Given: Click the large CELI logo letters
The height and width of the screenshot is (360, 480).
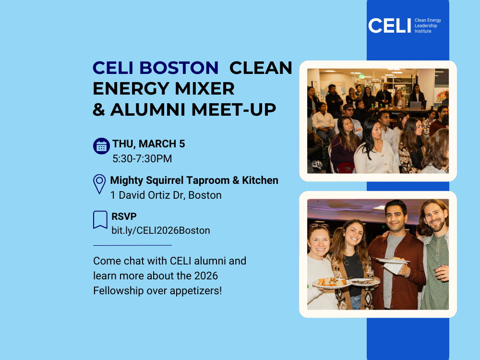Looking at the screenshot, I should click(x=389, y=25).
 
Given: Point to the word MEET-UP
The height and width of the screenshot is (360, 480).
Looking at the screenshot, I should click(x=234, y=110).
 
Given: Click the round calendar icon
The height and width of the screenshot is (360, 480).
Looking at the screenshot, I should click(x=101, y=146).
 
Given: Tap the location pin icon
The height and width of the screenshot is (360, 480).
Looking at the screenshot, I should click(x=99, y=184).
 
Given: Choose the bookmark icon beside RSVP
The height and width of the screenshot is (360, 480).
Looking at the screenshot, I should click(x=100, y=220).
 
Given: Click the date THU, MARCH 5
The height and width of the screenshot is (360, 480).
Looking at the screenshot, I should click(x=149, y=144).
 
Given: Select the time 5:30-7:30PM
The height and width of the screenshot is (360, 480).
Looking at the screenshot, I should click(x=142, y=158).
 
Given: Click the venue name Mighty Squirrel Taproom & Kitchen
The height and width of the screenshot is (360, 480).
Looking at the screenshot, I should click(x=194, y=180).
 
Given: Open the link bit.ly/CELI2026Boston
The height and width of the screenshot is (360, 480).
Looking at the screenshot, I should click(x=161, y=230).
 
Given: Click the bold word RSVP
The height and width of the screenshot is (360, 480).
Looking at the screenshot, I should click(x=124, y=216).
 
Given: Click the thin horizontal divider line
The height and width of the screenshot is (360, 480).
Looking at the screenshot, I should click(x=132, y=245).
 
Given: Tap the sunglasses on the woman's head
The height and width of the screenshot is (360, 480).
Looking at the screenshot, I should click(x=319, y=225).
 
